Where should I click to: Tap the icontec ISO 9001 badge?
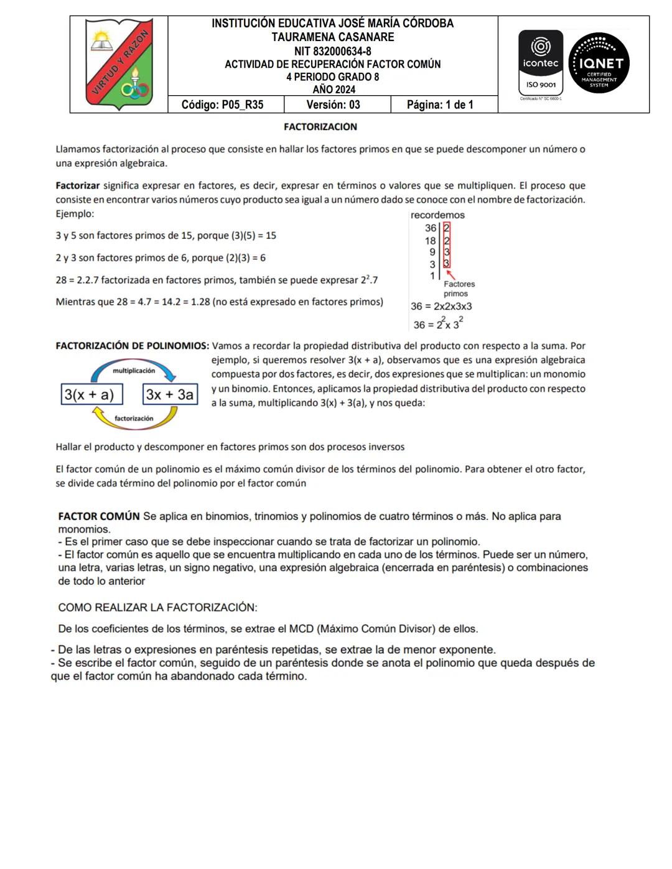point(541,63)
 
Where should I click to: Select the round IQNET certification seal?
point(599,63)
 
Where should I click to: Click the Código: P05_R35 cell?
point(222,105)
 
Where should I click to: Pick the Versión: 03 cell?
point(334,105)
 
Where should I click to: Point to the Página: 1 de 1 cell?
point(440,105)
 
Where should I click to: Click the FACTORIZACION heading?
point(320,127)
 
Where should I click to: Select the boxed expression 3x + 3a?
point(170,394)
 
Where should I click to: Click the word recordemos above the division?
point(437,215)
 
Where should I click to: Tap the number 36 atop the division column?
point(431,228)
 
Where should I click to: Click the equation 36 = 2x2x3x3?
point(441,306)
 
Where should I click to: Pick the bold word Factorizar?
point(78,185)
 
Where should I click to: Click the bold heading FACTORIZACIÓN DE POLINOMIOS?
point(133,346)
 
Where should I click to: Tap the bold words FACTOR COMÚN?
point(99,516)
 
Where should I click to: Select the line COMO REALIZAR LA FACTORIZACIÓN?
point(157,608)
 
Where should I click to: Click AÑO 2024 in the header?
point(334,90)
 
